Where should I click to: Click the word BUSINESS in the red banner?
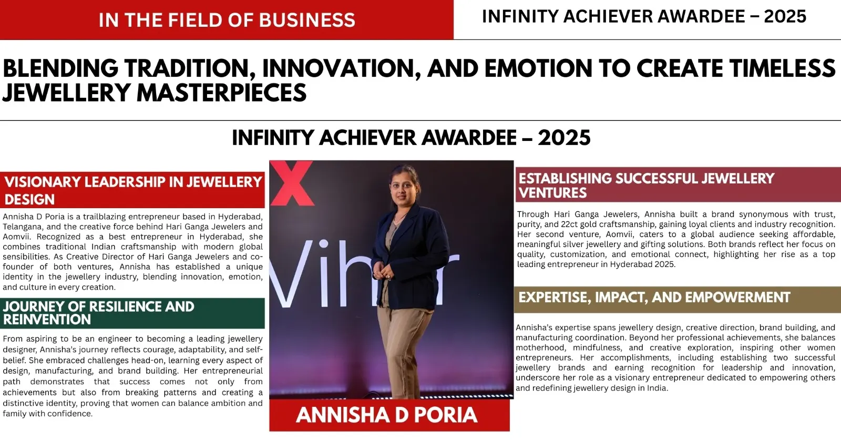coord(307,21)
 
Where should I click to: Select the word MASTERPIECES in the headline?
coord(221,93)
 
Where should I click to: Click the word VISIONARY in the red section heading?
coord(42,182)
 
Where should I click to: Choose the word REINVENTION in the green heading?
coord(47,320)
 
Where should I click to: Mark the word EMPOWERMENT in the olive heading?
coord(737,298)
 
